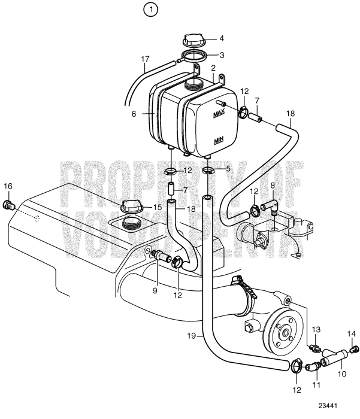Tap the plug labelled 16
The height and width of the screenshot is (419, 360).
coord(8,207)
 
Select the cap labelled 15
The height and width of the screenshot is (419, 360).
coord(131,207)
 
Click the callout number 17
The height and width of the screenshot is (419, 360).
coord(144,59)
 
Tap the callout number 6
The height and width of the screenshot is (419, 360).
coord(135,113)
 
